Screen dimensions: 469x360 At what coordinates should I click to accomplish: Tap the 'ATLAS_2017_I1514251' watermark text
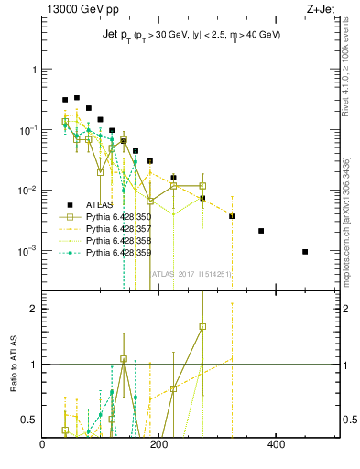point(190,273)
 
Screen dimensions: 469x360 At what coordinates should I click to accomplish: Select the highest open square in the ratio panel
point(202,326)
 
